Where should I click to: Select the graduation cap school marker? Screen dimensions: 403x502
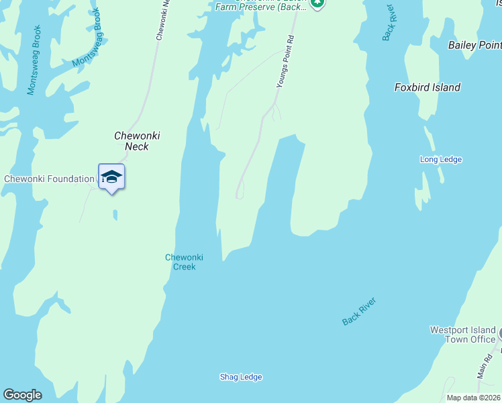(x=111, y=177)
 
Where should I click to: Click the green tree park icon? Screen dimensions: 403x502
(x=317, y=3)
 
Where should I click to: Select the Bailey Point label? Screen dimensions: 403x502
(x=474, y=45)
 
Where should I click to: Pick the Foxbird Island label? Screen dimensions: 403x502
(x=428, y=87)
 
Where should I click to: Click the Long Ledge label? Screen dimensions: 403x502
(x=440, y=159)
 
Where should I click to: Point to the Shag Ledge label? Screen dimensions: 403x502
(x=241, y=377)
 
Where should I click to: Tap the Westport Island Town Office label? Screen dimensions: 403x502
(x=462, y=334)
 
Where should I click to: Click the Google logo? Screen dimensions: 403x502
(x=22, y=395)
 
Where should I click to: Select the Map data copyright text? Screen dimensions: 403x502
(x=473, y=398)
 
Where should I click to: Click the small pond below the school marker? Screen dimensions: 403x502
(x=115, y=215)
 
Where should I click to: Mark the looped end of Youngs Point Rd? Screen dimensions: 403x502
(x=239, y=195)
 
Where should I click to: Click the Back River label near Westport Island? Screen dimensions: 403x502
(x=359, y=312)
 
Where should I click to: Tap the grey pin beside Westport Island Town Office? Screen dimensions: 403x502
(x=500, y=332)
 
